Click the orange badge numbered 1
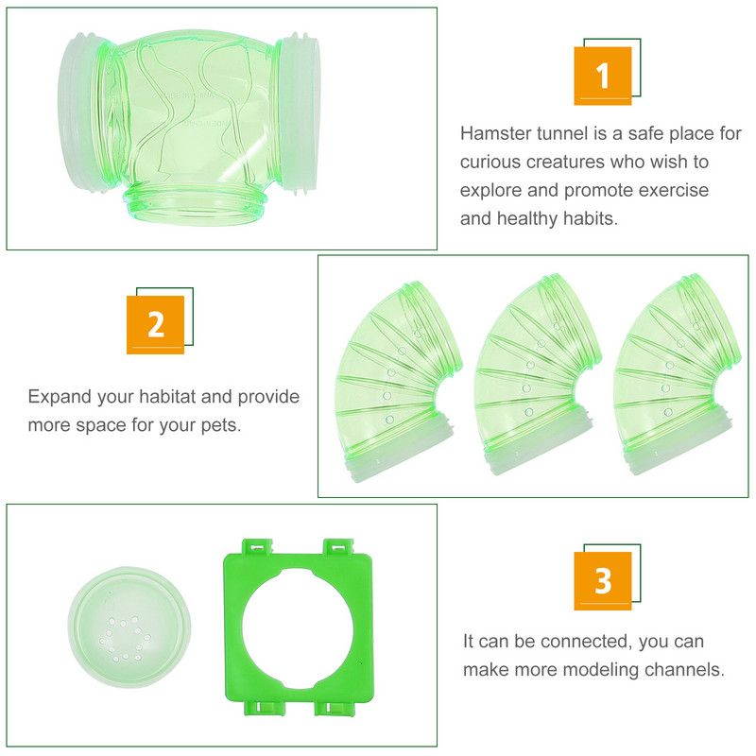603,76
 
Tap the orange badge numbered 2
155,325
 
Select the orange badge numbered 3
603,581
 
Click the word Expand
60,397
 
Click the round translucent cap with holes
129,627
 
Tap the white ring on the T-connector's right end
300,113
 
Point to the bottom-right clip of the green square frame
335,708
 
